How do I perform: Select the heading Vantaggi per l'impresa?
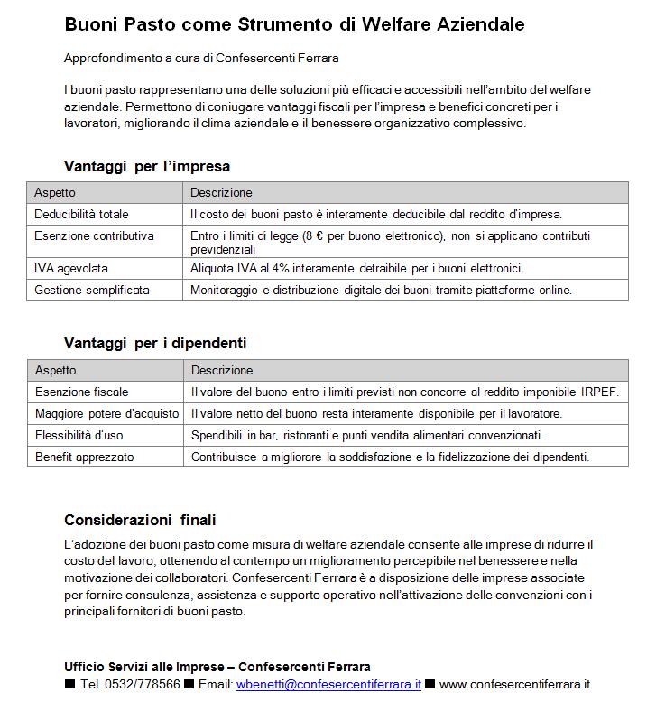[x=147, y=166]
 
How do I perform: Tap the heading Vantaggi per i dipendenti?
[x=155, y=343]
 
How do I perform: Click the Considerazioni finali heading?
[x=140, y=520]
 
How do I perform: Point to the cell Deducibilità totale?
[x=81, y=215]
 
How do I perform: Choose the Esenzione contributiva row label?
[x=94, y=235]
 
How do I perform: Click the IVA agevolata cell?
[x=71, y=268]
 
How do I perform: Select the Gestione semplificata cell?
[x=92, y=290]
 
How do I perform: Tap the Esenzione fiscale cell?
[x=81, y=392]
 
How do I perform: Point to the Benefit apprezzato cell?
[x=84, y=457]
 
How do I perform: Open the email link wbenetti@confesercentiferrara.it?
[x=328, y=684]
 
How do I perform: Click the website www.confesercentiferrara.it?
[x=514, y=684]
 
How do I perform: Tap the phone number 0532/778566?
[x=143, y=684]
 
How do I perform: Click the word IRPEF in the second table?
[x=601, y=392]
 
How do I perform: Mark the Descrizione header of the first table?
[x=221, y=192]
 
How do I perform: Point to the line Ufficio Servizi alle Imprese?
[x=217, y=667]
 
